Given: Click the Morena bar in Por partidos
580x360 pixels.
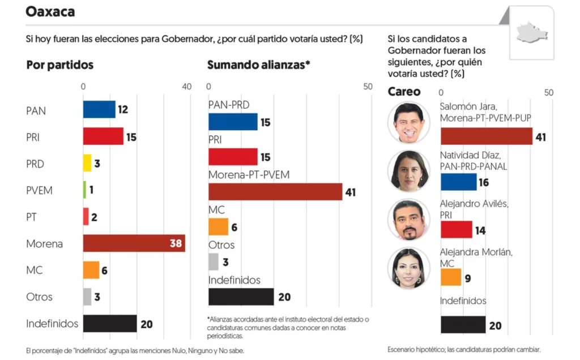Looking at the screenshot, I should coord(134,243).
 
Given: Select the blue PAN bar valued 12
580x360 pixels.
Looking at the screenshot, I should coord(99,109).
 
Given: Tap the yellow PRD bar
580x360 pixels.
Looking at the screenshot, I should coord(87,163).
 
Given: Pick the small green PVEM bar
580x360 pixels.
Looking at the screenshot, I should coord(85,190).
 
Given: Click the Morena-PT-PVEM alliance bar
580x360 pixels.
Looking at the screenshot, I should coord(275,192).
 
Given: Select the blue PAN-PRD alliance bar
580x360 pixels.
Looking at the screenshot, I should coord(233,122).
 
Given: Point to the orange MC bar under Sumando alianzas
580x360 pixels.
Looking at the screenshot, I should coord(218,227).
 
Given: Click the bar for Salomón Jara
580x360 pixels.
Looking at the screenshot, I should coord(486,136).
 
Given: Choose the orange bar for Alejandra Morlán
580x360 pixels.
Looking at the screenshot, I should coord(451,277).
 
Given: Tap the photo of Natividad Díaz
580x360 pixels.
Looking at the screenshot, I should coord(408,171).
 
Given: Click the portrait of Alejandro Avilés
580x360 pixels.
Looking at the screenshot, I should coord(408,220).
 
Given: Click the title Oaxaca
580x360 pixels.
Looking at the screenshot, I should coord(50,11).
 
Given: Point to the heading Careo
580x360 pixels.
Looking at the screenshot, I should coord(404,92).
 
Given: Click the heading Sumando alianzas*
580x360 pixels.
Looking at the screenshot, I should coord(259,65).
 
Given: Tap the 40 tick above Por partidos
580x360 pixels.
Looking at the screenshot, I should coord(186,87).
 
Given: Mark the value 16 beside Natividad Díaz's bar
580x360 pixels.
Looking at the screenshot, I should coord(483,183).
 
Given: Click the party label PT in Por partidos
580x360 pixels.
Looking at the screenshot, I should coord(32,217).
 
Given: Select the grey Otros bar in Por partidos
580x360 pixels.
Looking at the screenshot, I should coord(87,297).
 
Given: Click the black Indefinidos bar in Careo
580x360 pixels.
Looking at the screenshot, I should coord(463,325).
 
